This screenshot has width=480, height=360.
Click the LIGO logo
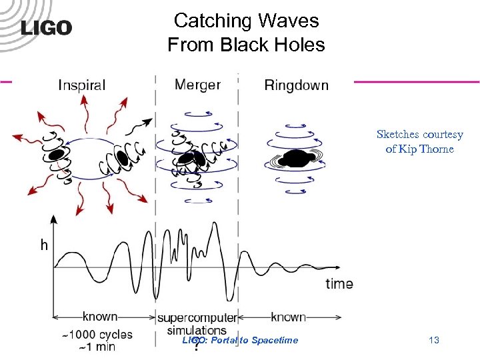click(46, 28)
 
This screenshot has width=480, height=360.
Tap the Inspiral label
click(82, 85)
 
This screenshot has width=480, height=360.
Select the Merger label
click(197, 84)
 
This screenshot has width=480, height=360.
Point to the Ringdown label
click(296, 85)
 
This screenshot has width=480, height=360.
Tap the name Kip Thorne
click(427, 149)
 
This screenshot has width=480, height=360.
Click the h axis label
click(43, 245)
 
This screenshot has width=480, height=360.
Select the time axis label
click(339, 283)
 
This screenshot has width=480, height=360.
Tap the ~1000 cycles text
click(97, 334)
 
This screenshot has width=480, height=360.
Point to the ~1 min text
click(97, 347)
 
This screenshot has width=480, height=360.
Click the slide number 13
click(434, 341)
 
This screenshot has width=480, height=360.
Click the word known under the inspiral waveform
click(100, 317)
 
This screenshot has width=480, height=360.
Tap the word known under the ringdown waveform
click(289, 317)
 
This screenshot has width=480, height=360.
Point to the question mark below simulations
click(196, 347)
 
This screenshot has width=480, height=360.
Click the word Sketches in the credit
click(399, 134)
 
